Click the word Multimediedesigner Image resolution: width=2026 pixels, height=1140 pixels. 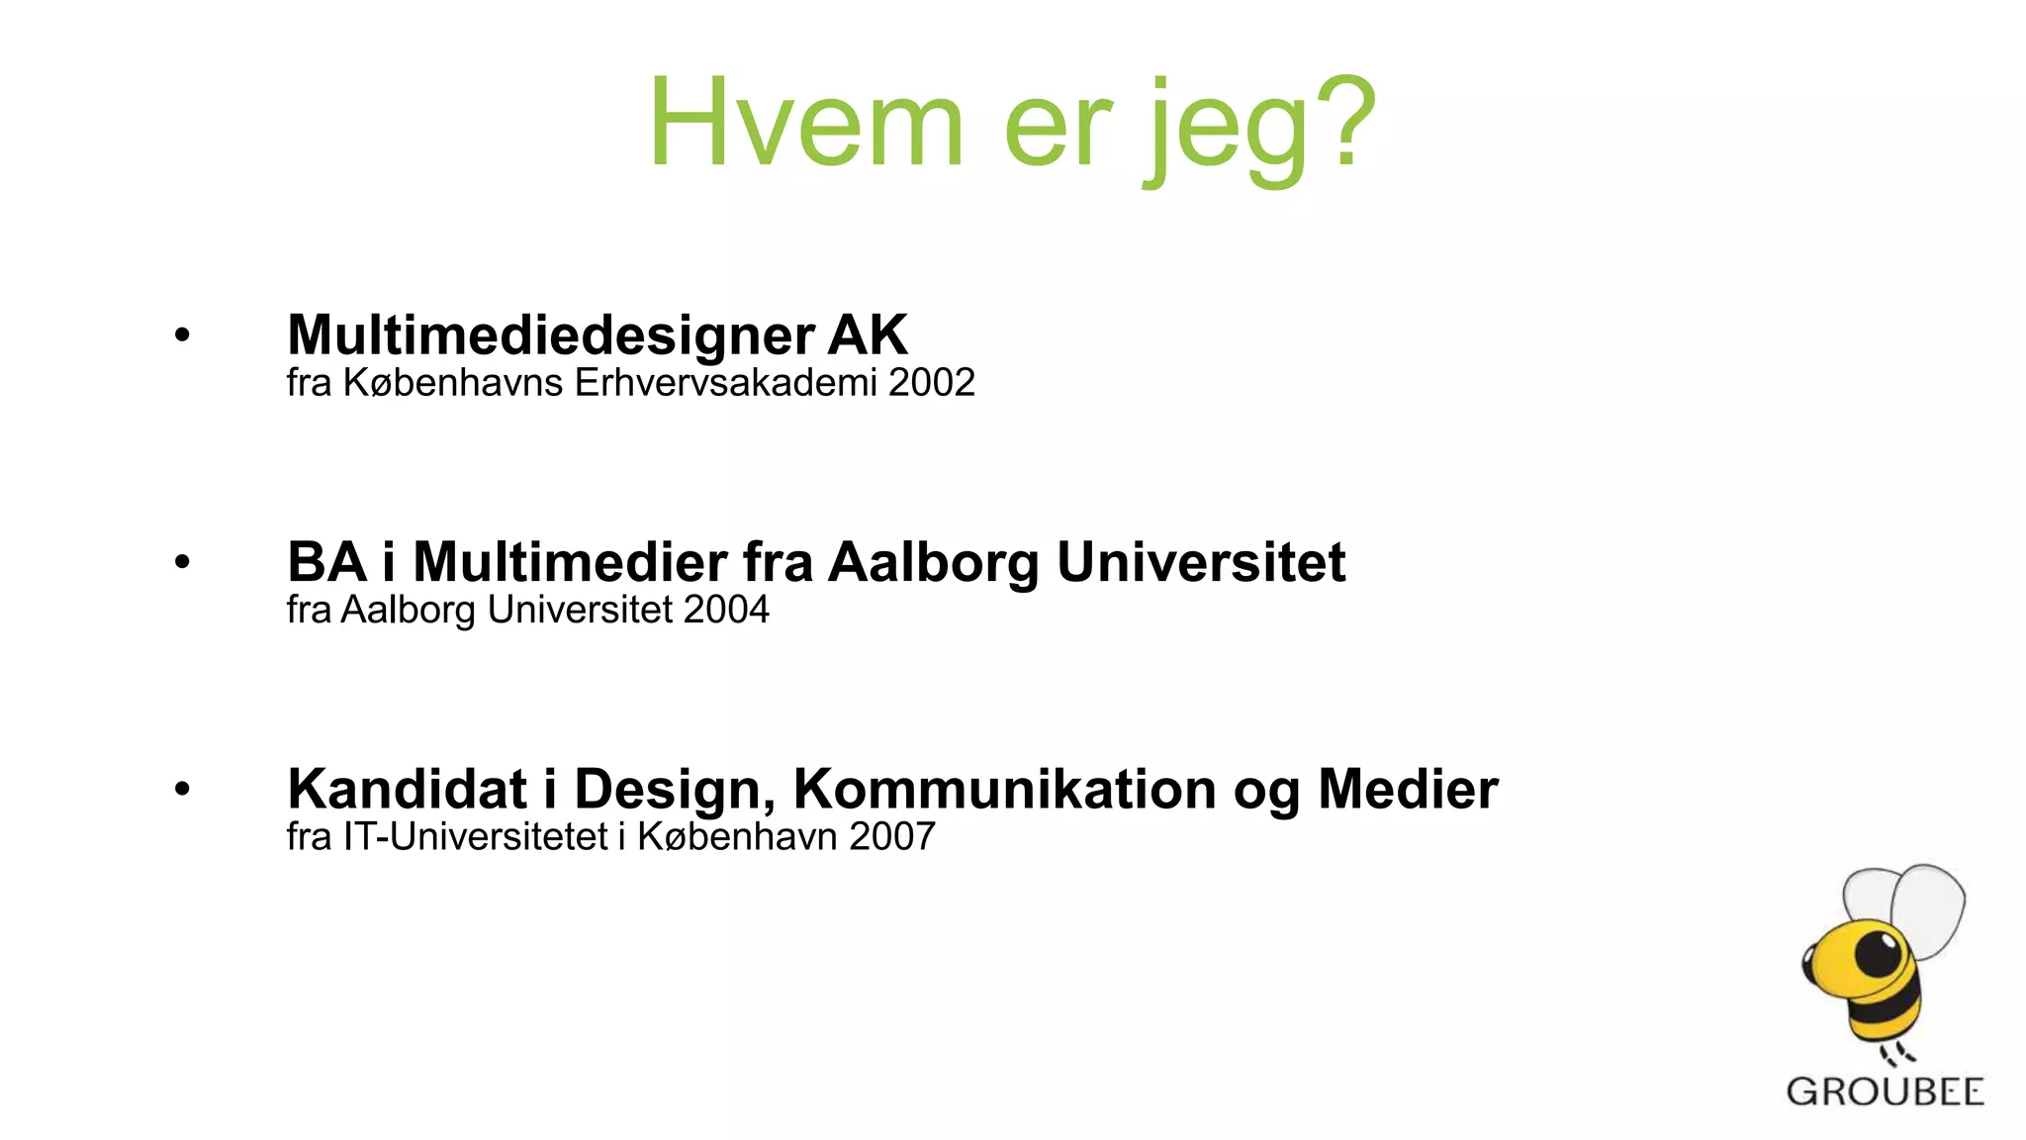click(x=551, y=335)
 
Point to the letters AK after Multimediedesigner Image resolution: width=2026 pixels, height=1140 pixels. click(x=867, y=334)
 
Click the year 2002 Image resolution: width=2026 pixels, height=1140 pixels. click(x=931, y=382)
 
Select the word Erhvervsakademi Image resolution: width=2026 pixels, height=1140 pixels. click(x=726, y=382)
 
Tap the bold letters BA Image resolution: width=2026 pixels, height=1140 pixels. click(x=326, y=562)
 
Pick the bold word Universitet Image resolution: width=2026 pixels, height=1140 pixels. click(x=1200, y=562)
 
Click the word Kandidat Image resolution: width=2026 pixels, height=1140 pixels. click(x=407, y=790)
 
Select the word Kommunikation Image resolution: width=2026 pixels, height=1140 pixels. click(x=1004, y=790)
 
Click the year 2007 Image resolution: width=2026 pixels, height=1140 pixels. click(x=891, y=837)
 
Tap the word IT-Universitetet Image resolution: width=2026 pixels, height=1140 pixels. click(x=475, y=837)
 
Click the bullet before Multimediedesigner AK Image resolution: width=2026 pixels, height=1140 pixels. click(x=182, y=335)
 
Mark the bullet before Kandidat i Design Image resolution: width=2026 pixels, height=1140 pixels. click(x=182, y=790)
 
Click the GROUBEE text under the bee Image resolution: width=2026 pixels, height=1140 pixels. click(x=1885, y=1092)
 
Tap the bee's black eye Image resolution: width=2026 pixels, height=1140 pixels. click(x=1877, y=954)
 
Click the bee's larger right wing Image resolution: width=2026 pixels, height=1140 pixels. click(x=1929, y=905)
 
